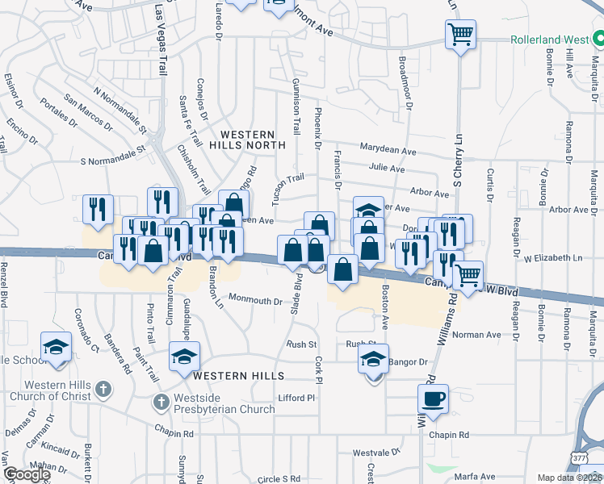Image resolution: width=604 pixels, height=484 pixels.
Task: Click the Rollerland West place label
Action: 548,39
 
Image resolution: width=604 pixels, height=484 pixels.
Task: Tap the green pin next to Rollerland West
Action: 598,38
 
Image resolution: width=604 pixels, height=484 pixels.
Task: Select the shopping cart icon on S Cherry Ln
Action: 460,35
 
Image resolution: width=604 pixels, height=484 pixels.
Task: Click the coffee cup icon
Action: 434,398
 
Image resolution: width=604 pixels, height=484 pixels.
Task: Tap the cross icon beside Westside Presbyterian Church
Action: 161,401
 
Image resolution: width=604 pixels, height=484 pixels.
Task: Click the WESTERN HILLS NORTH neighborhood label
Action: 247,139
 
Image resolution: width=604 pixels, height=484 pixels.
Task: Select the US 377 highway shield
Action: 578,457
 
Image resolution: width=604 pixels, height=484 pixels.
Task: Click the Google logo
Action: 26,474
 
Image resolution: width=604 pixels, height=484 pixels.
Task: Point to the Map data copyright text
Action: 569,478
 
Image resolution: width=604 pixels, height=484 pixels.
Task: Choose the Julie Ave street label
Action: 386,169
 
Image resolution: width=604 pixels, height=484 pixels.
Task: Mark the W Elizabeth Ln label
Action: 553,258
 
